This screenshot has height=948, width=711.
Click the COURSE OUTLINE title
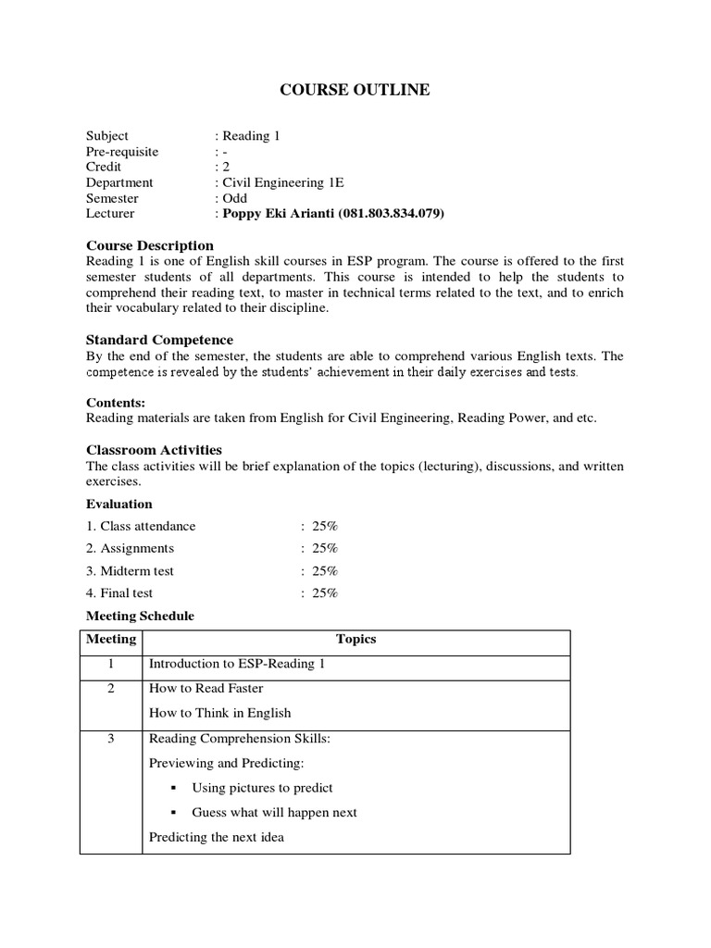(355, 90)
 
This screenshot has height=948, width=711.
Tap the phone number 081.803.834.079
(393, 214)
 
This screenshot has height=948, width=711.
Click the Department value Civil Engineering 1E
(278, 182)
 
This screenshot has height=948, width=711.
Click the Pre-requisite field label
(122, 151)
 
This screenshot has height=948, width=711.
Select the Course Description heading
(149, 245)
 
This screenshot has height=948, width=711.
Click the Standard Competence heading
(159, 340)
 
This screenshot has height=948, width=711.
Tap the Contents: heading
(116, 403)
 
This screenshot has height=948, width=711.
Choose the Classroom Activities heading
(157, 450)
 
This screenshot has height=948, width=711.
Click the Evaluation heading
(119, 504)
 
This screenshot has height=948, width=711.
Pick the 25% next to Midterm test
(325, 571)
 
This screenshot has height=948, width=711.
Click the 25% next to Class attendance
(325, 526)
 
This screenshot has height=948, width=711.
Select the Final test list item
(119, 593)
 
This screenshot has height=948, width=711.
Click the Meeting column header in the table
(111, 640)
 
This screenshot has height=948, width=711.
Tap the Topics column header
(355, 640)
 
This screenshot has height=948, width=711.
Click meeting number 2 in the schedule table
(110, 689)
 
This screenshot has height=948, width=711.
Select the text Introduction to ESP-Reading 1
(237, 665)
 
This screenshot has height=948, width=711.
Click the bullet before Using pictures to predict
(174, 789)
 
